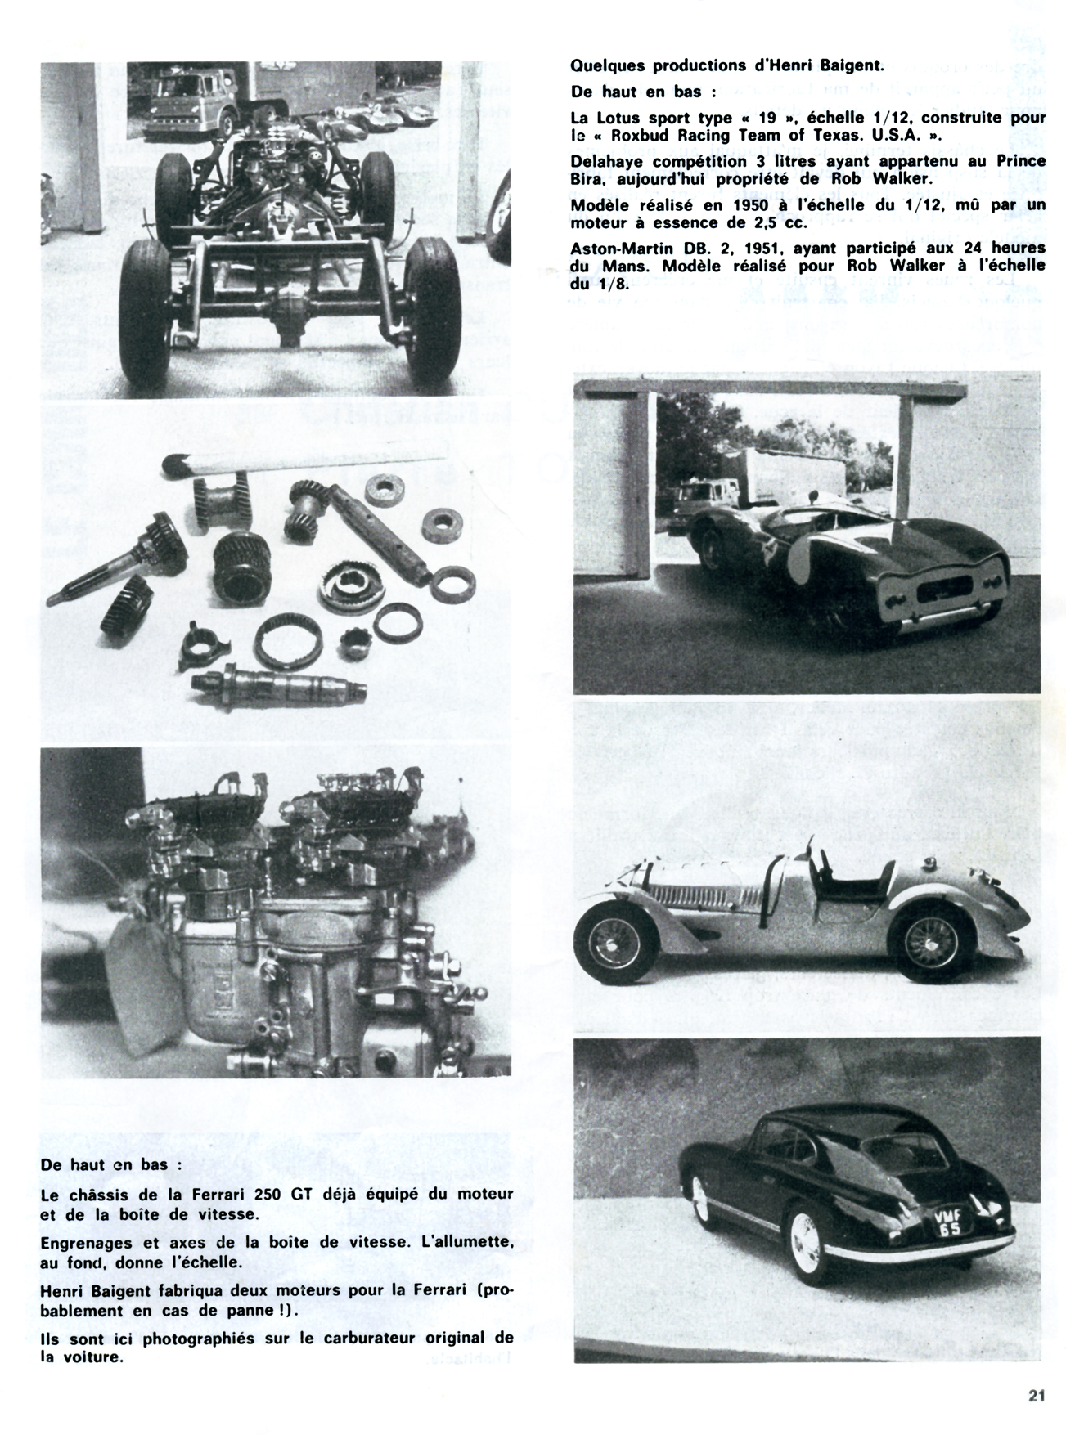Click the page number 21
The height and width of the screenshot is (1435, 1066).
point(1037,1397)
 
